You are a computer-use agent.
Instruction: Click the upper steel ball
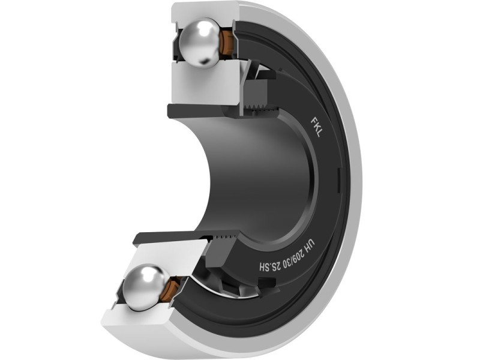tap(199, 41)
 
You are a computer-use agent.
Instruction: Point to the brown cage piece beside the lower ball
tap(172, 289)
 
